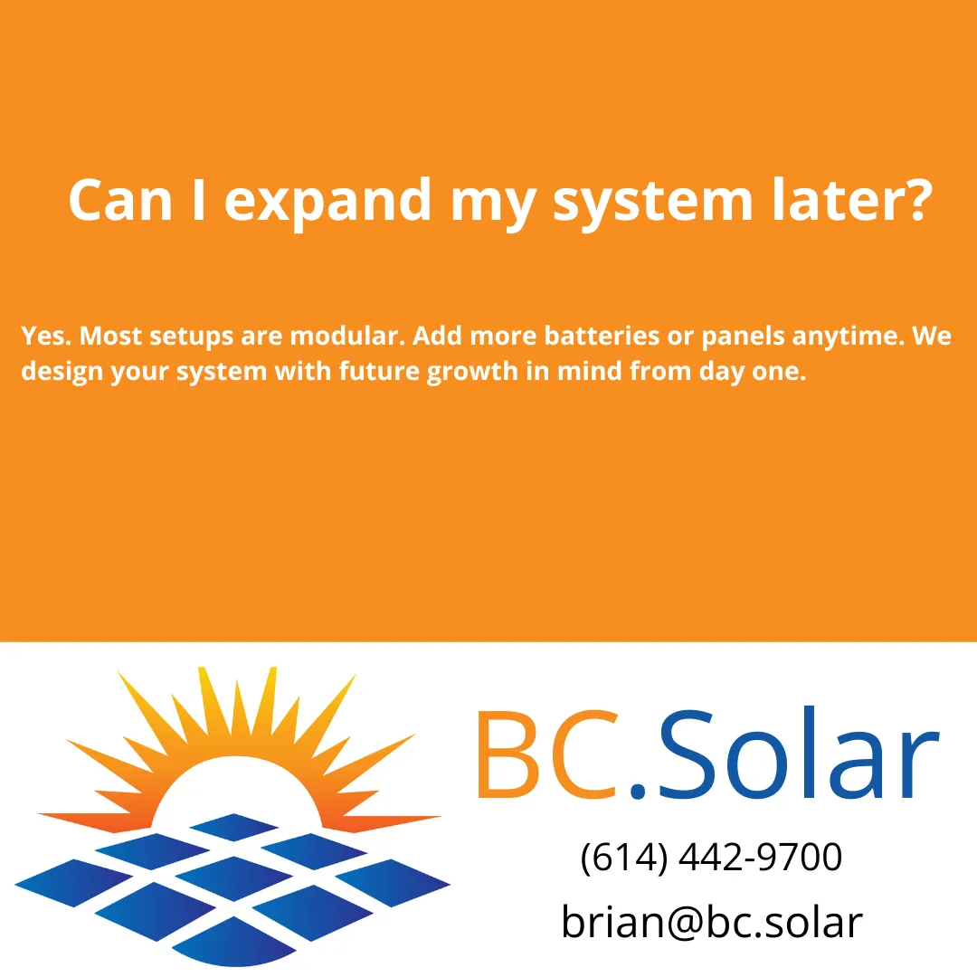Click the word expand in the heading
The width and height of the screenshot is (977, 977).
tap(327, 200)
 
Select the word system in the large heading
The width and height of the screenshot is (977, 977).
tap(652, 200)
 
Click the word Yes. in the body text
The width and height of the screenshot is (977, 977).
tap(46, 337)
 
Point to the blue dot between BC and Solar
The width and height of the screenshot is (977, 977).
tap(639, 792)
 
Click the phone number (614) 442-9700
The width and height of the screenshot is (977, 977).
tap(711, 857)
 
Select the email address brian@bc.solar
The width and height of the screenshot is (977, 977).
tap(711, 922)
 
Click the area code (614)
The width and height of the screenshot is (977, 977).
tap(623, 857)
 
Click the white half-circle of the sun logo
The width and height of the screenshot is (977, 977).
tap(238, 796)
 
